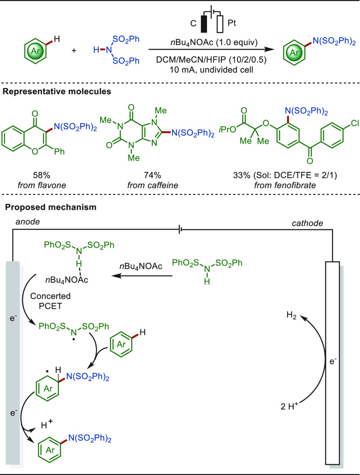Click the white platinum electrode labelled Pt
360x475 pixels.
click(220, 24)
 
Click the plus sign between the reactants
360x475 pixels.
click(74, 50)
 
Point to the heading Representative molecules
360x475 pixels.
click(57, 91)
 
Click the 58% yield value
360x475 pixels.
click(41, 175)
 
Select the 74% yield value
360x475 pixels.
click(153, 175)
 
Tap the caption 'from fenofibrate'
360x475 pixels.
click(284, 185)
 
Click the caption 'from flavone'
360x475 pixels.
click(41, 185)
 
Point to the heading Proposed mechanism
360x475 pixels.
click(51, 207)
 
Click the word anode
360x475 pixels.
click(27, 222)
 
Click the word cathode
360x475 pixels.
click(307, 223)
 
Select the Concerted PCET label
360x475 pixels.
click(50, 301)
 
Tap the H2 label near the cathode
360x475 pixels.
click(292, 315)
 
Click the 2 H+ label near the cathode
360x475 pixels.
click(289, 406)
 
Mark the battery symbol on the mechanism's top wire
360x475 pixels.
click(180, 230)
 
